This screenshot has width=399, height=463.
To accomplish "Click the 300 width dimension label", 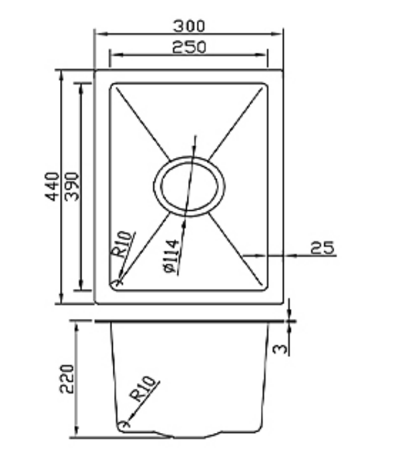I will tap(189, 26).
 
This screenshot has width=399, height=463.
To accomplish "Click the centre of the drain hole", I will tap(189, 186).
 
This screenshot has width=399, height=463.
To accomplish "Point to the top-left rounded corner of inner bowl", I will tap(113, 87).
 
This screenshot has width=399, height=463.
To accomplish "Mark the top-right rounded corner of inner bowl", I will tap(265, 87).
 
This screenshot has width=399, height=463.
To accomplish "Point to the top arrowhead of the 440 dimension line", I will tap(61, 72).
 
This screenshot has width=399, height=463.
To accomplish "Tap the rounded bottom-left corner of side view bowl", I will tap(122, 424).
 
